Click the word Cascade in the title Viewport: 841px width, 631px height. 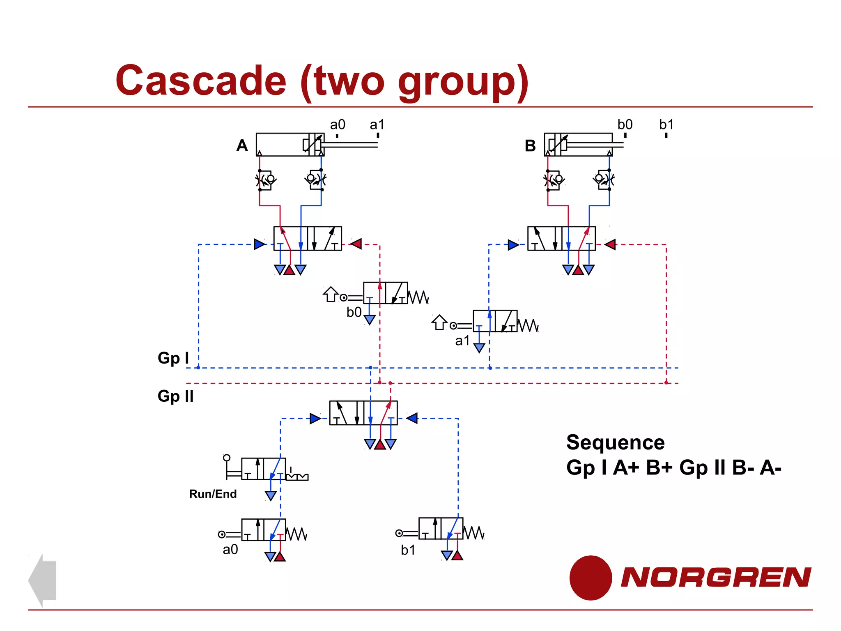pyautogui.click(x=201, y=81)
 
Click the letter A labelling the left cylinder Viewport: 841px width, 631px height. pyautogui.click(x=242, y=145)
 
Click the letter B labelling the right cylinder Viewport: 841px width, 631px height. pyautogui.click(x=530, y=146)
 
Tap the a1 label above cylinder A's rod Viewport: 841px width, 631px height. pyautogui.click(x=377, y=124)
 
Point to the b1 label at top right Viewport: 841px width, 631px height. pyautogui.click(x=666, y=124)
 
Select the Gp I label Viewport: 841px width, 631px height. pyautogui.click(x=173, y=358)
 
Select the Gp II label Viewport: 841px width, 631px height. pyautogui.click(x=175, y=396)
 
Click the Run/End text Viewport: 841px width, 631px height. pyautogui.click(x=213, y=494)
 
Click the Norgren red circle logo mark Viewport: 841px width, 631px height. pyautogui.click(x=591, y=578)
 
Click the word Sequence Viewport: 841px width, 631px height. pyautogui.click(x=615, y=442)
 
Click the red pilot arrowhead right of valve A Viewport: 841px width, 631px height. pyautogui.click(x=356, y=244)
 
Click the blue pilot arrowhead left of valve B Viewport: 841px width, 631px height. pyautogui.click(x=513, y=245)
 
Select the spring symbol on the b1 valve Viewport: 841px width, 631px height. pyautogui.click(x=474, y=533)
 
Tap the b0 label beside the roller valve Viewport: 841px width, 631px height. pyautogui.click(x=354, y=312)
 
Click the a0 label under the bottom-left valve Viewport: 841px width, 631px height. pyautogui.click(x=230, y=550)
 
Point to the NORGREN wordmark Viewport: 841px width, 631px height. pyautogui.click(x=716, y=577)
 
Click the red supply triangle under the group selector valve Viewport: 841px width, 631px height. pyautogui.click(x=380, y=444)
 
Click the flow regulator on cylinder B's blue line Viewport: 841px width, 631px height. pyautogui.click(x=604, y=180)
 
